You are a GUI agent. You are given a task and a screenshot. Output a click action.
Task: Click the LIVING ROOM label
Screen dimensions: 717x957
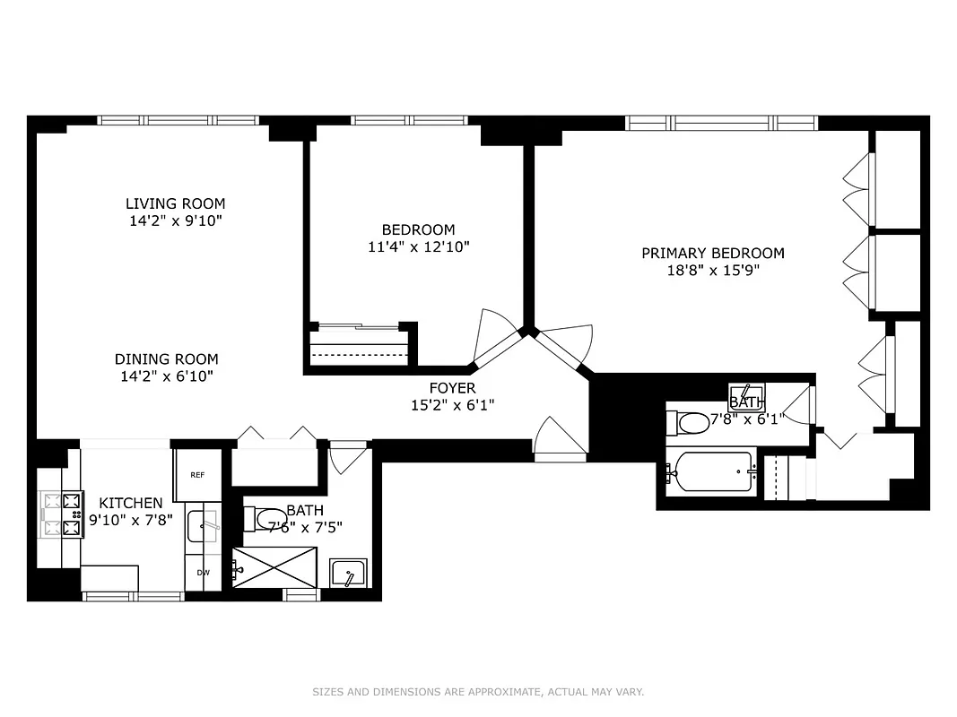[x=175, y=203]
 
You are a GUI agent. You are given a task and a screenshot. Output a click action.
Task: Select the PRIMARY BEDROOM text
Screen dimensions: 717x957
[x=712, y=254]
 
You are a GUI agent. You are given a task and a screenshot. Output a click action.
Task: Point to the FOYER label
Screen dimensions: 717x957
[x=452, y=388]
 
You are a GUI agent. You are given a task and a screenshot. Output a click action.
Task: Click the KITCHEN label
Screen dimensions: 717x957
[x=131, y=503]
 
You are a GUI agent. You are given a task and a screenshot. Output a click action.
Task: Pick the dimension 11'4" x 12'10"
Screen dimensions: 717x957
[x=419, y=246]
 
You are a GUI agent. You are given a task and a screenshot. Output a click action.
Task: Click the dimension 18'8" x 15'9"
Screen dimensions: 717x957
[x=712, y=271]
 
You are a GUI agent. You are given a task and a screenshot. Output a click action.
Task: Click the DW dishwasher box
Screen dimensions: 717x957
[x=203, y=572]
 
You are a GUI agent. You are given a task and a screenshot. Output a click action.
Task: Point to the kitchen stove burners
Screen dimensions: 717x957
[x=60, y=515]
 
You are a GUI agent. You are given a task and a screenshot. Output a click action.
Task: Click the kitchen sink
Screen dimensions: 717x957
[x=203, y=526]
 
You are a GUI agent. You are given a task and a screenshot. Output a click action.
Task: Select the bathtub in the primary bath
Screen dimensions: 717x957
[x=713, y=471]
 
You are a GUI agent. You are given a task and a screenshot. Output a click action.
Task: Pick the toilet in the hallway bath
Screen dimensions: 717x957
[x=266, y=519]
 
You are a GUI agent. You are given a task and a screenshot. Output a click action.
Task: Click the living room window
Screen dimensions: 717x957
[x=178, y=120]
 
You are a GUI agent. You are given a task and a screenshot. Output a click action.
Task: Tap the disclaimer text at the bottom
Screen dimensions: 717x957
[x=478, y=692]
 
